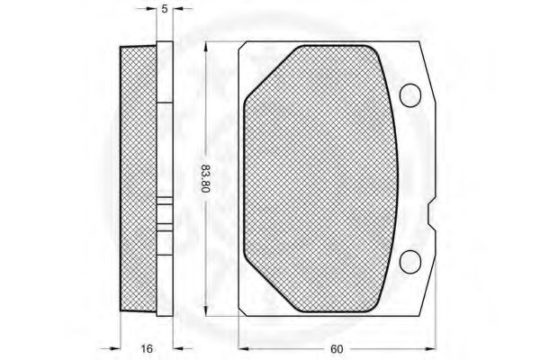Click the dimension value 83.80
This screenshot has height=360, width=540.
[x=205, y=178]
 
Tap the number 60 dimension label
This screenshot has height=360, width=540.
[x=337, y=349]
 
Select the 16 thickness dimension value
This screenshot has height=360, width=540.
[x=147, y=348]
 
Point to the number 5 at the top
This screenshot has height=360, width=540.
[x=165, y=9]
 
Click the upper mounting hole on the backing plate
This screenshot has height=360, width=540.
[x=410, y=95]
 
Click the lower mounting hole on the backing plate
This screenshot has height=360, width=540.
[x=410, y=262]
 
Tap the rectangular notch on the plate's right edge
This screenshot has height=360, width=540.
[x=432, y=214]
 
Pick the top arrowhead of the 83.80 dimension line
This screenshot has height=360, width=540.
[x=205, y=47]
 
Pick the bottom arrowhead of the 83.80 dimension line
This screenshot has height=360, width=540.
[x=205, y=310]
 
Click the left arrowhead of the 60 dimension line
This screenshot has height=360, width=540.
[x=244, y=349]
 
